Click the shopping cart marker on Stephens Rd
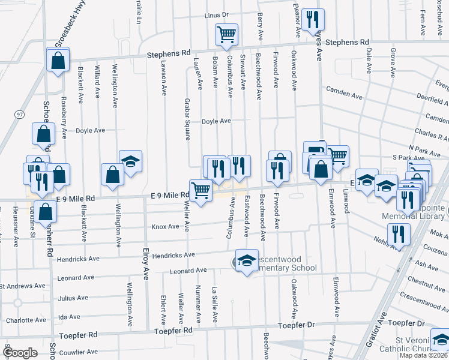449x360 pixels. (x=226, y=34)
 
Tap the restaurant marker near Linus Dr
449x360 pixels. (x=312, y=19)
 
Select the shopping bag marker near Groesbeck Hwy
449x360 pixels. (x=58, y=60)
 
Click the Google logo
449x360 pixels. (x=20, y=353)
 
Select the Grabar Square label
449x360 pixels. (x=187, y=119)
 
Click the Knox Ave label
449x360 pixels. (x=165, y=226)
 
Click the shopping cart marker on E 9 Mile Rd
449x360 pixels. (x=200, y=191)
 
